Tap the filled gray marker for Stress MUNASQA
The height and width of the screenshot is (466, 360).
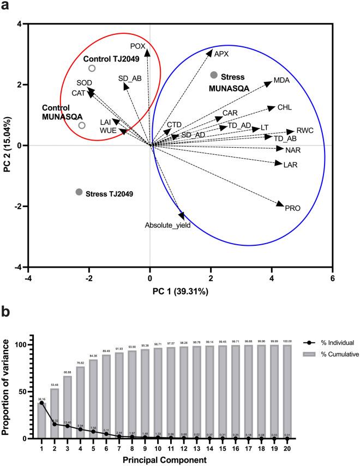[x=214, y=75]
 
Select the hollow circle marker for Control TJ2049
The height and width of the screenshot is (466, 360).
[x=92, y=68]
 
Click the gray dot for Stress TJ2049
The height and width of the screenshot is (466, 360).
[x=79, y=192]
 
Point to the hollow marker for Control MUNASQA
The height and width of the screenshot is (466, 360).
[x=82, y=125]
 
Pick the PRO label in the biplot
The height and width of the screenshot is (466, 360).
[x=293, y=208]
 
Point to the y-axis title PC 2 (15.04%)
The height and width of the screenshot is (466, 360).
[x=8, y=146]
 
